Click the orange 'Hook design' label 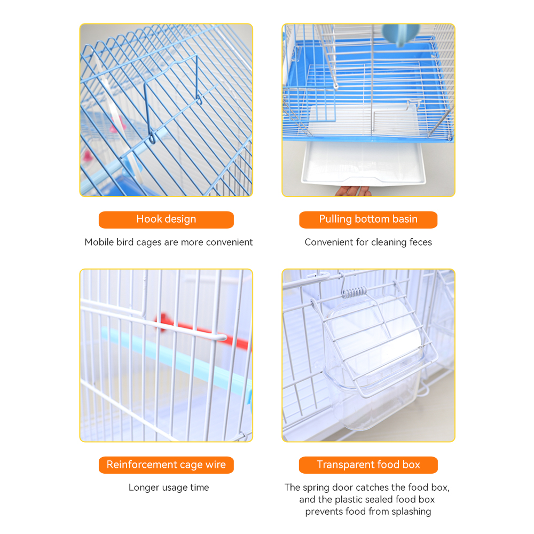coord(166,219)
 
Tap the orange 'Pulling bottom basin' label coord(368,219)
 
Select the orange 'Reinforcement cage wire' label coord(166,465)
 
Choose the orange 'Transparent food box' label coord(368,465)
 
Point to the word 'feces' coord(421,242)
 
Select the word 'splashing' coord(411,512)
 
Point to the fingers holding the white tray coord(353,191)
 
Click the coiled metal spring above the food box coord(355,292)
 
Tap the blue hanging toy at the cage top coord(400,34)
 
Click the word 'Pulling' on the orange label coord(335,219)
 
